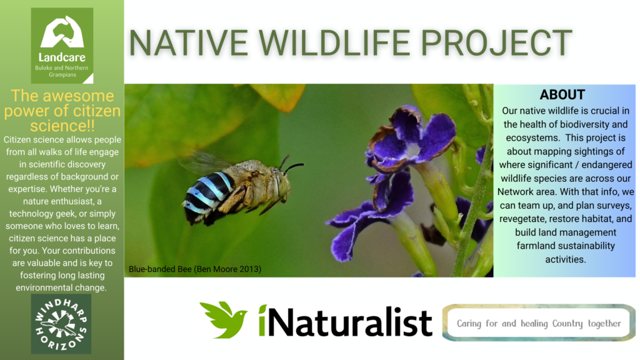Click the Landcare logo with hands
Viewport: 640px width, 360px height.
[x=62, y=45]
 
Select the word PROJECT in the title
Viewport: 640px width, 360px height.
[x=496, y=42]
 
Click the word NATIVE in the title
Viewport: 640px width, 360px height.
[x=188, y=42]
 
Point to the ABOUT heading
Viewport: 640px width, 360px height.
[x=562, y=95]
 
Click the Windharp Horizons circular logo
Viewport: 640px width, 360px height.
[x=61, y=324]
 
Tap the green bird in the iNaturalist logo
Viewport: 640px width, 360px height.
[x=224, y=319]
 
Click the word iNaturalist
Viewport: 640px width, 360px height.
[x=345, y=322]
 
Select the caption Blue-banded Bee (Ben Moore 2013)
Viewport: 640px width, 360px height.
[x=195, y=269]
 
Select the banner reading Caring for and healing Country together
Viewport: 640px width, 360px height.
[x=539, y=323]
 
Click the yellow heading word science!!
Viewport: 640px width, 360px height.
[x=62, y=126]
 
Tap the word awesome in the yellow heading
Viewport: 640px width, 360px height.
[x=78, y=96]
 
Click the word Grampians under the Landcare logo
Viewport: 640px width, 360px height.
[x=62, y=75]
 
